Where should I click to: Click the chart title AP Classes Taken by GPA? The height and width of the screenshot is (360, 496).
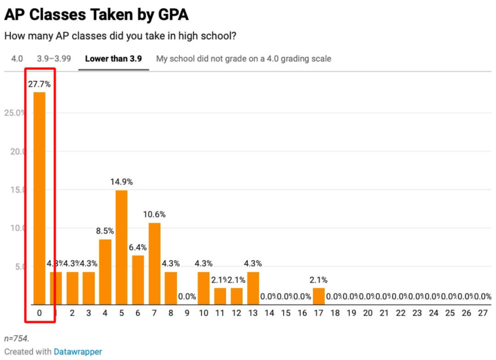tap(96, 15)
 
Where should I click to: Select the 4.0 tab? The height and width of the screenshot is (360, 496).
tap(17, 59)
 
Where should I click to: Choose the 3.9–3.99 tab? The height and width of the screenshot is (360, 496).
tap(54, 59)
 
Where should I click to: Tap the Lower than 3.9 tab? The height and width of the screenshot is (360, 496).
tap(113, 59)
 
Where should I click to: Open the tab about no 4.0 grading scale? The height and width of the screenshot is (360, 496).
tap(243, 59)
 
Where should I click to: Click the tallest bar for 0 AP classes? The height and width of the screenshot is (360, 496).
tap(39, 197)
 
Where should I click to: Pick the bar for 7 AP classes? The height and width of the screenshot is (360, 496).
tap(154, 264)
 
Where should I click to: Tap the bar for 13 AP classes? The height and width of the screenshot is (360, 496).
tap(253, 288)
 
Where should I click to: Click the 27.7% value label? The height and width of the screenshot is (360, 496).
tap(39, 84)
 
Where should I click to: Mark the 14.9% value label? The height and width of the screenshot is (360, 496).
tap(122, 182)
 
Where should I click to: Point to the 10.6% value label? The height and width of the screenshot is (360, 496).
tap(154, 214)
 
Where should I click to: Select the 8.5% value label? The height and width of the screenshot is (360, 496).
tap(105, 231)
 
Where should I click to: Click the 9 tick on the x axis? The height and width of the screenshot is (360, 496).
tap(187, 313)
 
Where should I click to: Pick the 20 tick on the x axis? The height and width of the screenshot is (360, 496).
tap(368, 313)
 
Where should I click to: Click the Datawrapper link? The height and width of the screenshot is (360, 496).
tap(78, 352)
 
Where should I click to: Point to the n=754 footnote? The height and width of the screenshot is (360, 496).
tap(17, 338)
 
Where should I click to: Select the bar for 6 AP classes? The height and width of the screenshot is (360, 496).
tap(138, 280)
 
